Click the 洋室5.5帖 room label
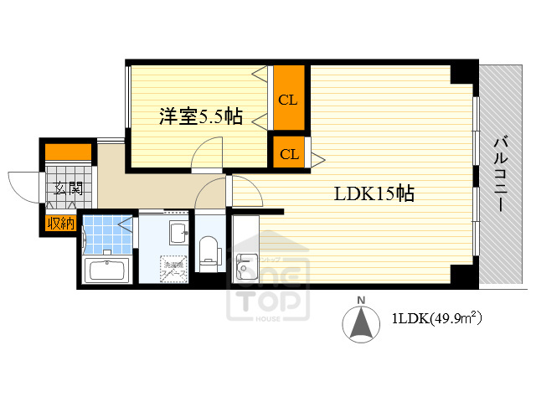[201, 117]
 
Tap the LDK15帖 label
[374, 194]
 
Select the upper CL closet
[287, 100]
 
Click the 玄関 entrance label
[67, 188]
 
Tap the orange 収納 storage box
[59, 223]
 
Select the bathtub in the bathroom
[105, 271]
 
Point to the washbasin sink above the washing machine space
[178, 232]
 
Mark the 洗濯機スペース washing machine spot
[173, 267]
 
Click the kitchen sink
[247, 267]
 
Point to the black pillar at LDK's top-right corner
[461, 73]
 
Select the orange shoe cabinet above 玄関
[68, 152]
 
